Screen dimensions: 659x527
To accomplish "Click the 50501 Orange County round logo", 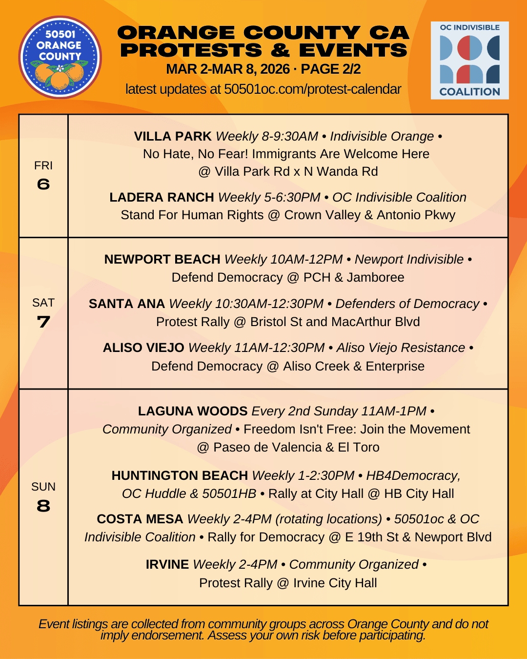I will coord(60,57).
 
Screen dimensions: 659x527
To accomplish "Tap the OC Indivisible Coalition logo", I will coord(469,61).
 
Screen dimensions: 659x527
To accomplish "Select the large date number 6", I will coord(43,184).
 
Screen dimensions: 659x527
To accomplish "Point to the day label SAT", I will coord(43,303).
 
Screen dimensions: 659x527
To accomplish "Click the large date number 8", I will coord(43,506).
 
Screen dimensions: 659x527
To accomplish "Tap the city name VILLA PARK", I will coord(173,136).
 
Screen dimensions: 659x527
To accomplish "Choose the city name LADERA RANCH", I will coord(162,197).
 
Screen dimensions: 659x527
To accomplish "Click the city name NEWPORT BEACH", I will coord(162,259).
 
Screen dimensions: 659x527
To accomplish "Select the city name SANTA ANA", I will coord(127,304).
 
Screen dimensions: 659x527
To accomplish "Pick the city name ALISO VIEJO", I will coord(143,348).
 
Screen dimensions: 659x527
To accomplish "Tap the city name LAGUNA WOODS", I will coord(193,411).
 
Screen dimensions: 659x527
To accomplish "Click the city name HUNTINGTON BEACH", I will coord(180,475).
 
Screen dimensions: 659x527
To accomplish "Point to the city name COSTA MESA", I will coord(140,519).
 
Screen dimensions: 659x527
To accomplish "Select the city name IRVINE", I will coord(167,564).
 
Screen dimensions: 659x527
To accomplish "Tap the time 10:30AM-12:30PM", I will coord(269,304).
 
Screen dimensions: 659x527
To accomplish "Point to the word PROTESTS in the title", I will coord(191,50).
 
